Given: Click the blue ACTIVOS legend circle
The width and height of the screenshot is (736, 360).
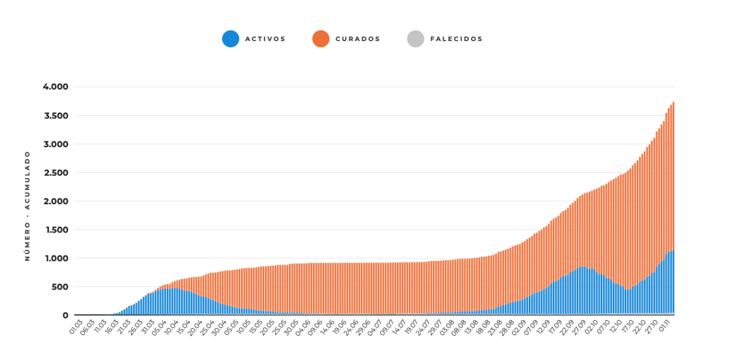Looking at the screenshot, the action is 231,39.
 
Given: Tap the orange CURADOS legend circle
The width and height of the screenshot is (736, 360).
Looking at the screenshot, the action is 321,39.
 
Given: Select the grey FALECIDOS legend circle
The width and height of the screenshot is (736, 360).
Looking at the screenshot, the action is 416,39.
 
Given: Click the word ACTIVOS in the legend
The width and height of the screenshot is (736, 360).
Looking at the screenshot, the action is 265,39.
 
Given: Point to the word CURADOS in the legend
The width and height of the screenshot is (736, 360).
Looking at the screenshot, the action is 358,39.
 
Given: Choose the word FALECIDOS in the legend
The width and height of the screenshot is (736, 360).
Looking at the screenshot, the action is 456,39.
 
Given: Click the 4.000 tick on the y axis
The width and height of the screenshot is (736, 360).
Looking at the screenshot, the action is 56,86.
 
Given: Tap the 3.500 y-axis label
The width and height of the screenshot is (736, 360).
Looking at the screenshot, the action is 56,116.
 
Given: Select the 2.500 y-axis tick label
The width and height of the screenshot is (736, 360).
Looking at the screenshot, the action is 56,173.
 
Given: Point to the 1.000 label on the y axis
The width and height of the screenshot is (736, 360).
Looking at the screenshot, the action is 56,259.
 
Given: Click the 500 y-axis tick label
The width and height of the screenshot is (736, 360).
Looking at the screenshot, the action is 61,287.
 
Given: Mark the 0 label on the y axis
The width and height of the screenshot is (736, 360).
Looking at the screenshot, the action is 66,315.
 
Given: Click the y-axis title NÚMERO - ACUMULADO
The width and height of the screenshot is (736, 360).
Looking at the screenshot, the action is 27,206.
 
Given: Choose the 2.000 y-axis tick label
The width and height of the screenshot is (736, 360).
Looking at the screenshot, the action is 56,201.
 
